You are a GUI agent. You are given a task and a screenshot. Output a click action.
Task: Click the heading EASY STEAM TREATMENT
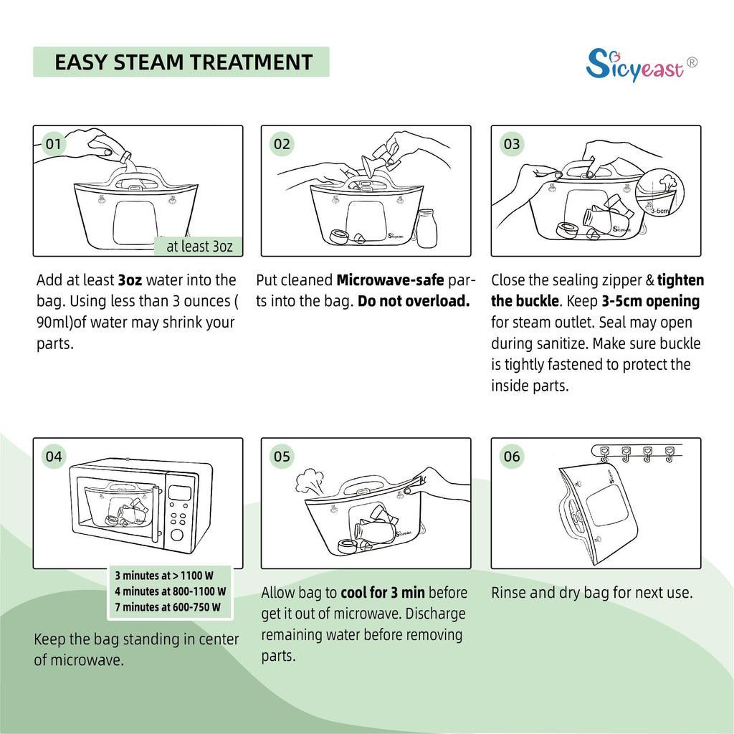pyautogui.click(x=183, y=62)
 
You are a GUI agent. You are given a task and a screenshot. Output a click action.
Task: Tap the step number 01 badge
pyautogui.click(x=53, y=143)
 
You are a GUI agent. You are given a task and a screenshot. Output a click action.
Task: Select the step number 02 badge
pyautogui.click(x=282, y=143)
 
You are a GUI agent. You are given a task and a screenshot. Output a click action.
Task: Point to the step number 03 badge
pyautogui.click(x=512, y=143)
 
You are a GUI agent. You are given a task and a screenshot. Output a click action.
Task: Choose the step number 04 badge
pyautogui.click(x=53, y=456)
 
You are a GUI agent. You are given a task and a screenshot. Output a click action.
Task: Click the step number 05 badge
pyautogui.click(x=282, y=456)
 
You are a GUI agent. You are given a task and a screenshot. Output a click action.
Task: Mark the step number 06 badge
pyautogui.click(x=512, y=456)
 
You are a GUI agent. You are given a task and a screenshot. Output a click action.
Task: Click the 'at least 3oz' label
pyautogui.click(x=199, y=247)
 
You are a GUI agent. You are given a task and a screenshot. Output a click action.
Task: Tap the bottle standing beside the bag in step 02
pyautogui.click(x=426, y=228)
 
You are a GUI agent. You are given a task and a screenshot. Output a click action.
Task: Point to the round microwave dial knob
pyautogui.click(x=177, y=535)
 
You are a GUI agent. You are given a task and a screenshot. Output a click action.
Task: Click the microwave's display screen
pyautogui.click(x=179, y=493)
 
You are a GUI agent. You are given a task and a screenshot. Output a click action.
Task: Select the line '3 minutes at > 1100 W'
pyautogui.click(x=164, y=576)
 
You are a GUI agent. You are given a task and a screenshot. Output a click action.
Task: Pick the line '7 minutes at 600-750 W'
pyautogui.click(x=168, y=607)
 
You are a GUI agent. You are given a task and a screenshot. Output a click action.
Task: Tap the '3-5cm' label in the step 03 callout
pyautogui.click(x=659, y=211)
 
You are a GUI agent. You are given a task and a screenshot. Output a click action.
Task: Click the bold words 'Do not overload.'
pyautogui.click(x=414, y=301)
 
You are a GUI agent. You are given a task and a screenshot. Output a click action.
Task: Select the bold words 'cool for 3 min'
pyautogui.click(x=383, y=593)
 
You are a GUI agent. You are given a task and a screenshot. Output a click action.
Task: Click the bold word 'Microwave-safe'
pyautogui.click(x=390, y=280)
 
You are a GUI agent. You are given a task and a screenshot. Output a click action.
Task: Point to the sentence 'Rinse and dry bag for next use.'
pyautogui.click(x=591, y=593)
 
